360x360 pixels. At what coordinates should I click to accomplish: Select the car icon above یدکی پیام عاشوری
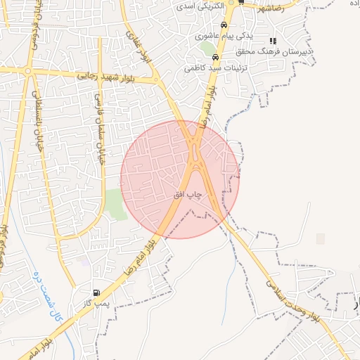point(223,24)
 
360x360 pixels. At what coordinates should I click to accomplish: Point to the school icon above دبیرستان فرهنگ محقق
point(273,41)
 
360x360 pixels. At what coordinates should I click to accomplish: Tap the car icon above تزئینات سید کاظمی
point(215,58)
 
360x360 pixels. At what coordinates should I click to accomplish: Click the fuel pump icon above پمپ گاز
point(96,292)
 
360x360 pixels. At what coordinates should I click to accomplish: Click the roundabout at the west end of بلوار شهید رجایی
point(28,71)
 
